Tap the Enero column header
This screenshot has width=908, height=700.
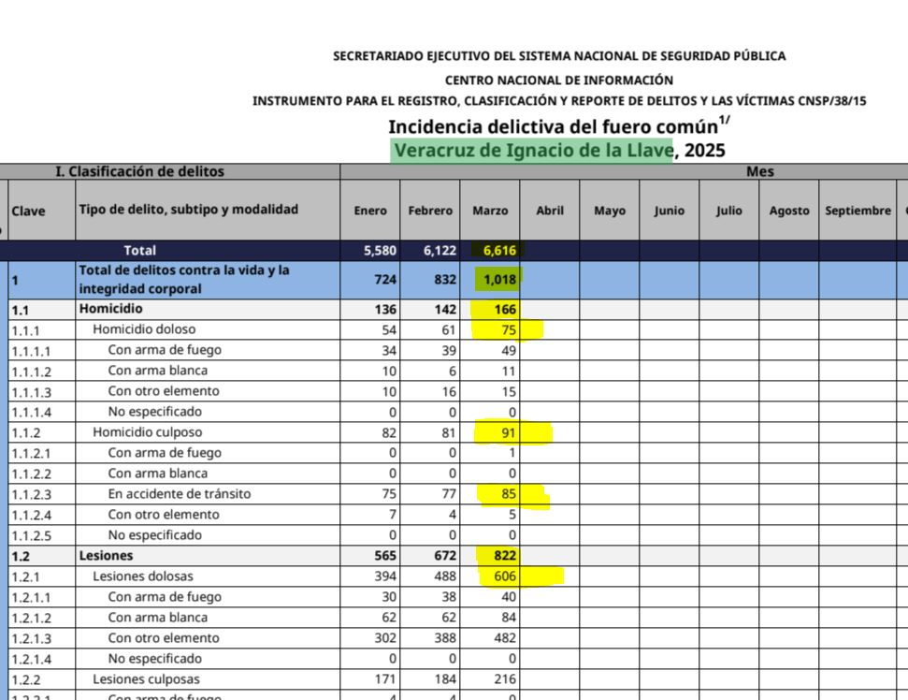point(370,211)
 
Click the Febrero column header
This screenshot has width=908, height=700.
point(430,211)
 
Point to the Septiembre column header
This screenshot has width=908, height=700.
point(858,211)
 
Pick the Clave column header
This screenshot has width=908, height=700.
point(28,211)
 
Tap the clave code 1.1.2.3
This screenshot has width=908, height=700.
point(31,494)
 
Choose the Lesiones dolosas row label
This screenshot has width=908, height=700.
point(141,576)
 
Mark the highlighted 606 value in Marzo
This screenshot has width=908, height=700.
point(505,576)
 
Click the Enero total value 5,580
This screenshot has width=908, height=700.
point(370,251)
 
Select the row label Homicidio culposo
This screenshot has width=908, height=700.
point(147,432)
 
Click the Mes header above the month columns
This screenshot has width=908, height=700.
point(759,172)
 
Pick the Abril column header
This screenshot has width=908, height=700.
point(550,211)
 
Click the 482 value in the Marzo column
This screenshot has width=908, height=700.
point(505,638)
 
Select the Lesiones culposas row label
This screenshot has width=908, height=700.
point(146,679)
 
